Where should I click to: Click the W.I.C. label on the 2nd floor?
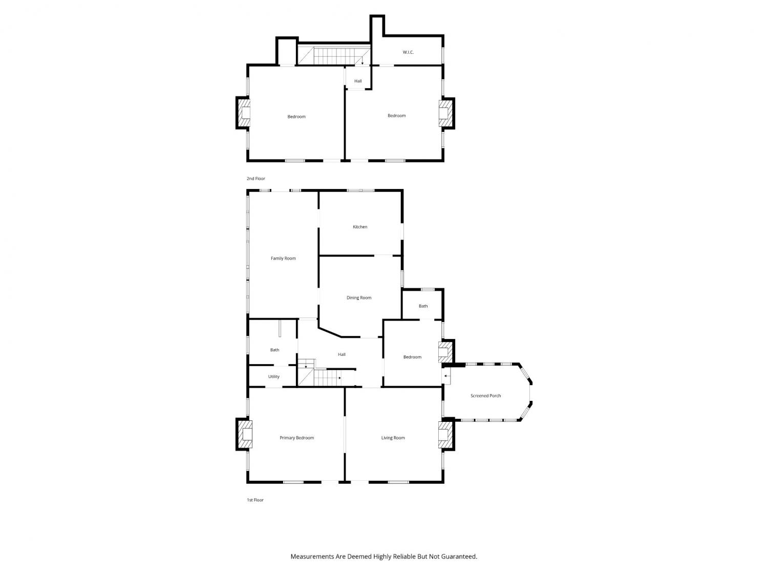coord(408,52)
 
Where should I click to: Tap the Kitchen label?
coord(360,227)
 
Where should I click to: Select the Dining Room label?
coord(359,298)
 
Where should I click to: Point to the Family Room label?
coord(283,259)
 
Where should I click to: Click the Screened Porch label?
coord(486,396)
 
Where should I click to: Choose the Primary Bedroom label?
coord(296,438)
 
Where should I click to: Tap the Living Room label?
coord(393,438)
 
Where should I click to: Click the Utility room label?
coord(273,377)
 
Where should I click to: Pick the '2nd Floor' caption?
coord(256,179)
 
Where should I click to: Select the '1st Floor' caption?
coord(255,500)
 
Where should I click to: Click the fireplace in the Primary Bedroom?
coord(245,434)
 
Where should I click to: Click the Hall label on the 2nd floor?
coord(358,81)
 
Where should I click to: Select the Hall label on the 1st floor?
coord(342,355)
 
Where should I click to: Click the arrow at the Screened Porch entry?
coord(447,376)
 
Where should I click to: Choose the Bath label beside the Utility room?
coord(274,350)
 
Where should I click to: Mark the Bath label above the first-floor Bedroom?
coord(423,306)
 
